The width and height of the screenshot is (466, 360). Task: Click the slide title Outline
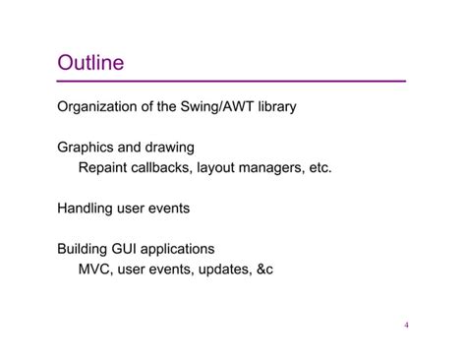click(x=90, y=63)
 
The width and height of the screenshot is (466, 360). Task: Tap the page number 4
click(x=406, y=326)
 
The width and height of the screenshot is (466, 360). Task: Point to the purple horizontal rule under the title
click(x=231, y=81)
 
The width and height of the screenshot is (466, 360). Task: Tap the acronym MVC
click(x=95, y=268)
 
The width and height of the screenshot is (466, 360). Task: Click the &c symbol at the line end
click(x=262, y=268)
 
